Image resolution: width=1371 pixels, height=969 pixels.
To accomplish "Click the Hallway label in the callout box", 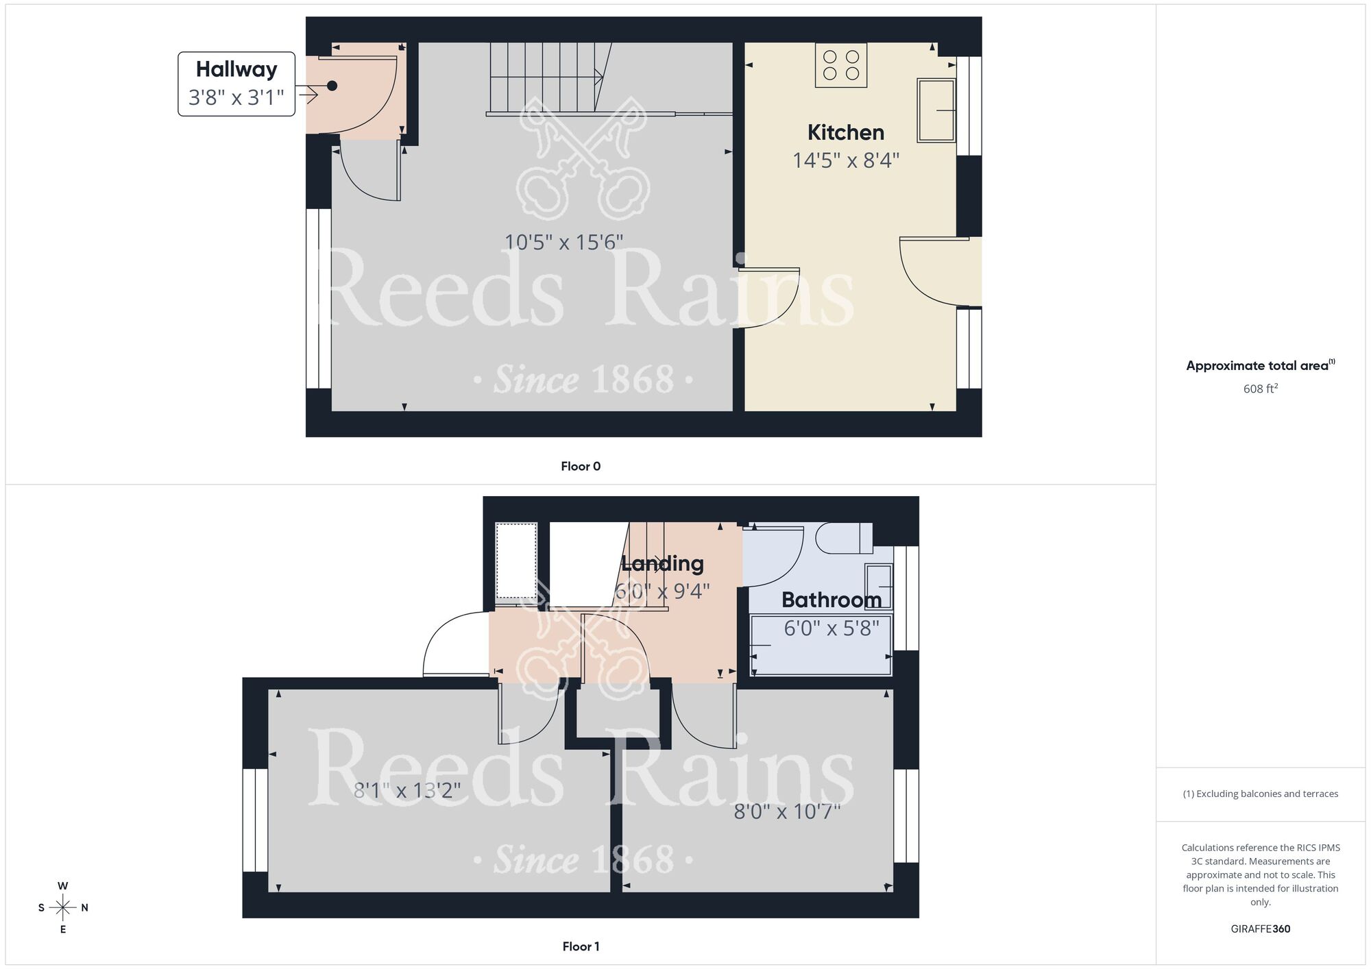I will pos(236,69).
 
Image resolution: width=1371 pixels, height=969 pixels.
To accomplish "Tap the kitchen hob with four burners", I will pos(840,65).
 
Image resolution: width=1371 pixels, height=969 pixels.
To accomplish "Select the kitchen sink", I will pos(936,110).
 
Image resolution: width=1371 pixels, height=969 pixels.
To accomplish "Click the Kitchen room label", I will pos(845,132).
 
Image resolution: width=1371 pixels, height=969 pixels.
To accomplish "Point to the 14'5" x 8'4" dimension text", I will pos(845,160).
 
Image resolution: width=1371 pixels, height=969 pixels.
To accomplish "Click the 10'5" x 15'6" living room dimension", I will pos(563,242).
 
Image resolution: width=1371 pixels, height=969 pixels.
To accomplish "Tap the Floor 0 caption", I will pos(581,466).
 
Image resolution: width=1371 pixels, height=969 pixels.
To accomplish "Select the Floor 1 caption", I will pos(581,946).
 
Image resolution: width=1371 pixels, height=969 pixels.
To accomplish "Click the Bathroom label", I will pos(831,600).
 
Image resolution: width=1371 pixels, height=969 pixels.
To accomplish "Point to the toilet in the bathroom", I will pos(843,539).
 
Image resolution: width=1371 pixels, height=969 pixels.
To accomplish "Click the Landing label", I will pos(662,563).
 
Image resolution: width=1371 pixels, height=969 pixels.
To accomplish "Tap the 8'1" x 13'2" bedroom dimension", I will pos(407,791).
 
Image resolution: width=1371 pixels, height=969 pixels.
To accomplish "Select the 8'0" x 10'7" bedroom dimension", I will pos(787,812).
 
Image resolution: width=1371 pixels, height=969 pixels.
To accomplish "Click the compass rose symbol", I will pos(63,908).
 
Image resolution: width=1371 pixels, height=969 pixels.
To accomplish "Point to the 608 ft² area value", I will pos(1260,389).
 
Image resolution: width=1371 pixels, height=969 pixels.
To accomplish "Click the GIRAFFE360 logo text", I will pos(1260,929).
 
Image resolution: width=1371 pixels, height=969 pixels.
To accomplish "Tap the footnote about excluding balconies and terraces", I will pos(1260,794).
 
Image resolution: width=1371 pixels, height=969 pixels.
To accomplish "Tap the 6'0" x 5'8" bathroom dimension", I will pos(831,628).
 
